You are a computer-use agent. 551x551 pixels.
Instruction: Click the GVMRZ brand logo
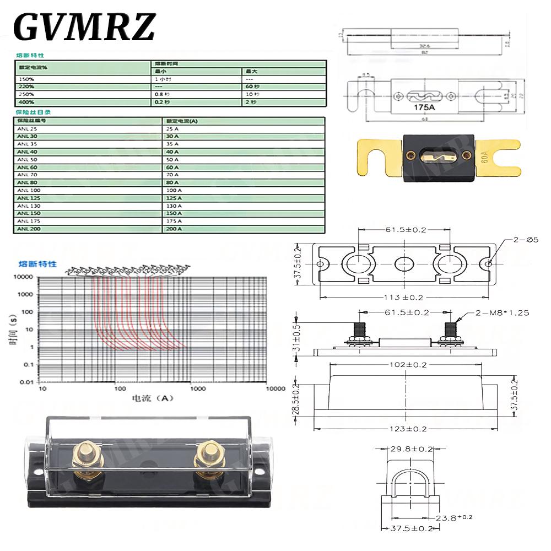84,26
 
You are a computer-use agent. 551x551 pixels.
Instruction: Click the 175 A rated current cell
174,221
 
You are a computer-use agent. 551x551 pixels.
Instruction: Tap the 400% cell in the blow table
26,102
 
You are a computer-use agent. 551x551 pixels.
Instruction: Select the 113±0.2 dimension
404,297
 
